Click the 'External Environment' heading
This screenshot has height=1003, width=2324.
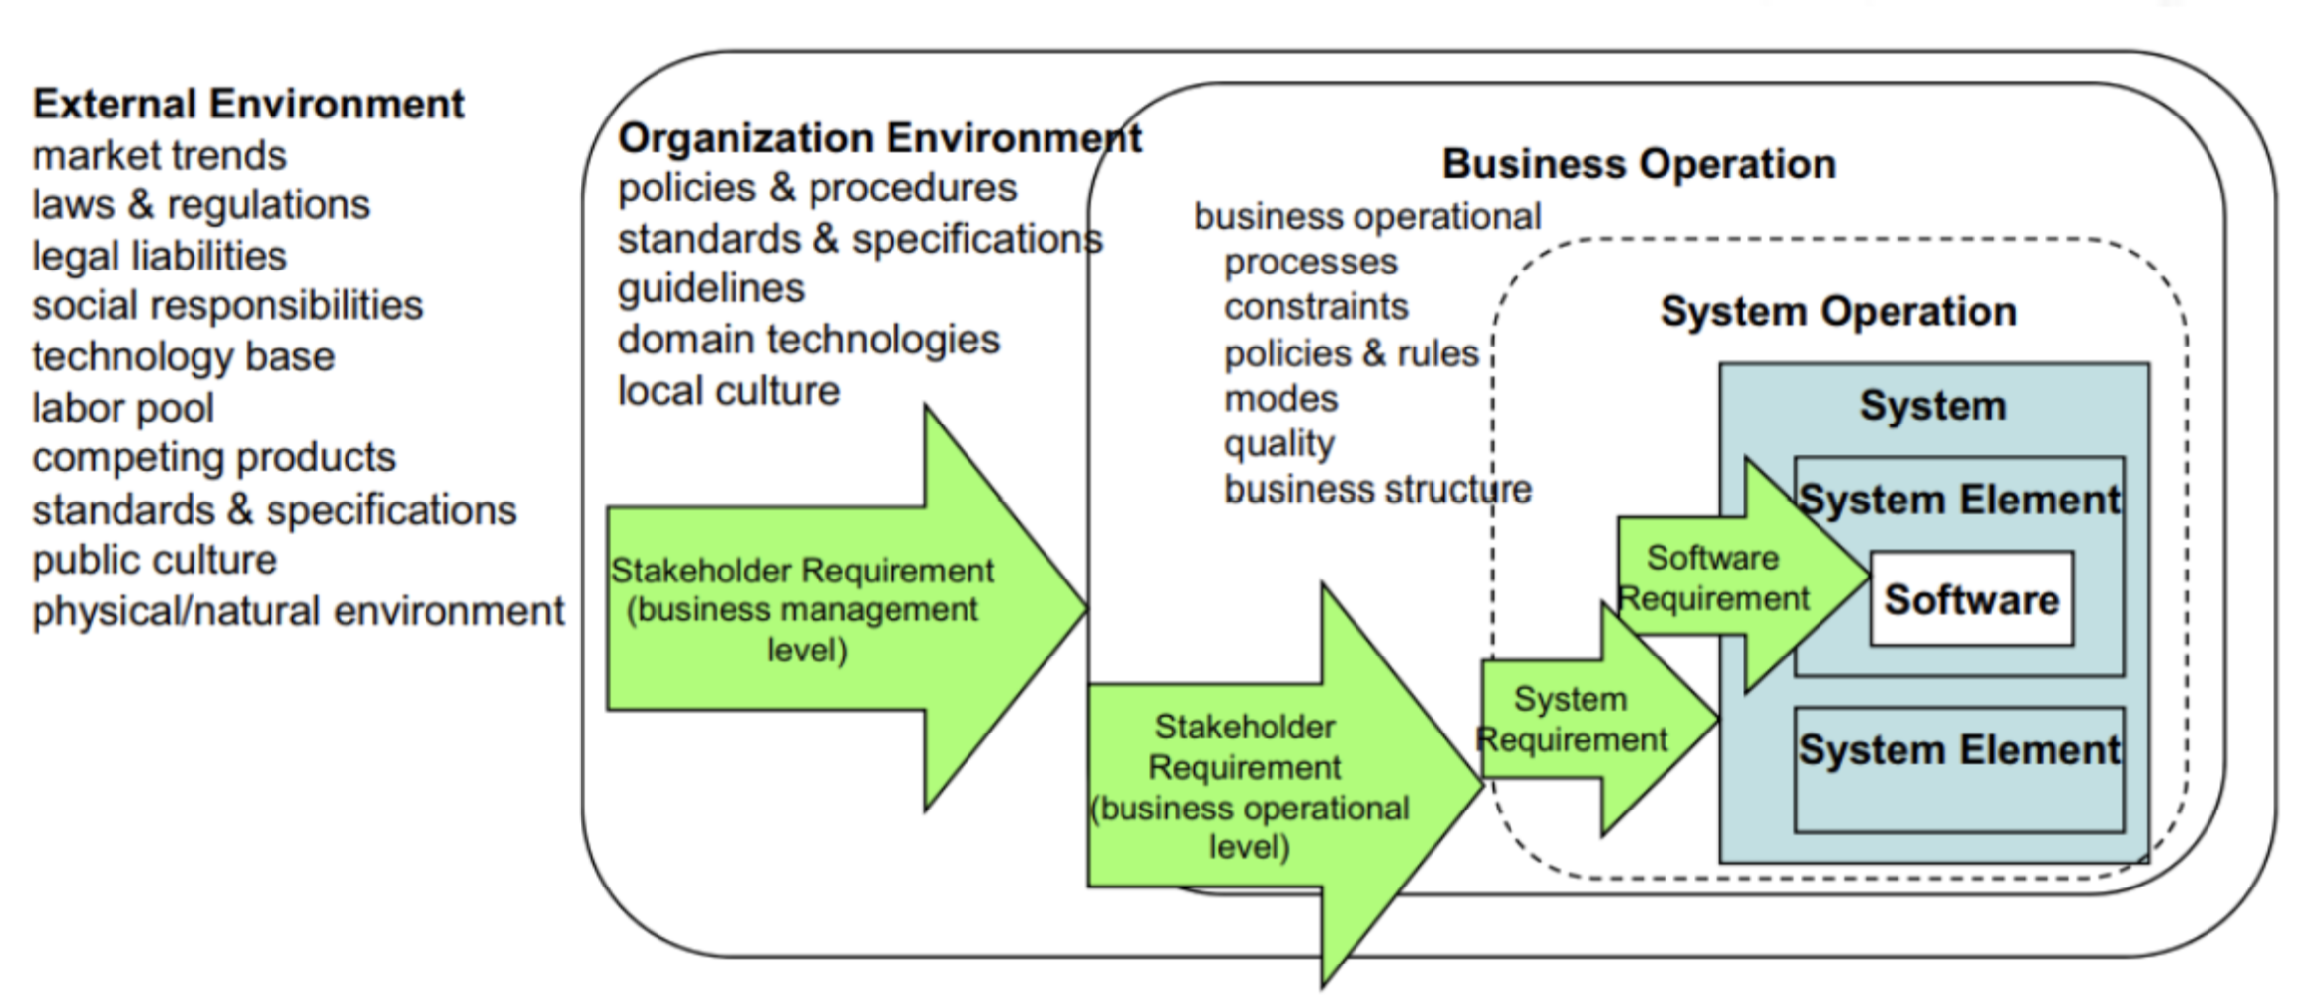point(248,104)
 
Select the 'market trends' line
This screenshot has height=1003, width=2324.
point(159,155)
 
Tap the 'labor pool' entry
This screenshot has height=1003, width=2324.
point(122,408)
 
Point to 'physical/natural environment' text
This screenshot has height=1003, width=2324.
point(297,611)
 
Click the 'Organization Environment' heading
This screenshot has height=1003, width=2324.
point(879,138)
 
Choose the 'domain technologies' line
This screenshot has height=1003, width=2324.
point(809,340)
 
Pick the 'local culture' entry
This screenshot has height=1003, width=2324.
point(729,391)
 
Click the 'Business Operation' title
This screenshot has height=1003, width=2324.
point(1639,164)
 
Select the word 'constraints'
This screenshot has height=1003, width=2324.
point(1315,307)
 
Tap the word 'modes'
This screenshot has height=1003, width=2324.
point(1280,399)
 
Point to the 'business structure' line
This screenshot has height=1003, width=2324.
point(1377,490)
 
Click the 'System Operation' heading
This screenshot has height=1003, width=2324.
point(1838,312)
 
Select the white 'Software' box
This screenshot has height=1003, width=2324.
point(1972,599)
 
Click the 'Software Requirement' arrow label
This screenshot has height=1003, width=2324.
point(1714,579)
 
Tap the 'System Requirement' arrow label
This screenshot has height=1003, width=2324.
point(1572,720)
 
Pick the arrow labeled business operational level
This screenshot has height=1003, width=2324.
point(1250,787)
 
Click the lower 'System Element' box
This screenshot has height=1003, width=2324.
point(1959,769)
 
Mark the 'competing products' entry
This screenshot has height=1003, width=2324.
point(213,458)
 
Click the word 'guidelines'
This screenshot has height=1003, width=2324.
point(711,288)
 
